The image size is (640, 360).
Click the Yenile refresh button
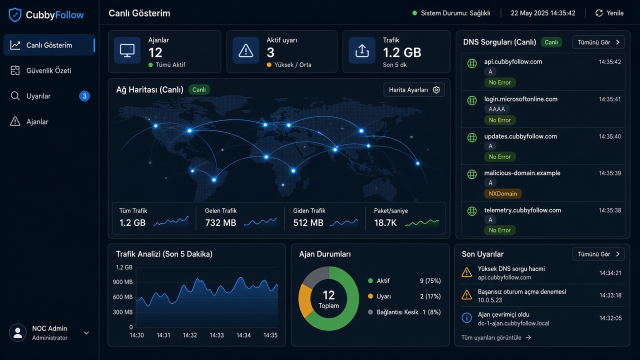[x=609, y=13]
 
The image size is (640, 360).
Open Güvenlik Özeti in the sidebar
[x=49, y=70]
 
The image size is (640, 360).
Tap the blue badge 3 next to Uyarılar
[x=84, y=96]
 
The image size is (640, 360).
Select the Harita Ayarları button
[x=414, y=89]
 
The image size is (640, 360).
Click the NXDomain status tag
[x=502, y=193]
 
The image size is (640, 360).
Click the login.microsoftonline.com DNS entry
[x=520, y=99]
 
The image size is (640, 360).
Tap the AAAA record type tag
[x=496, y=109]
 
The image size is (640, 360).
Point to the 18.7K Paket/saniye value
[x=385, y=223]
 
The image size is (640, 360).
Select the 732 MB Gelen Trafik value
[x=220, y=223]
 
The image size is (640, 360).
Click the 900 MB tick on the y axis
[x=122, y=282]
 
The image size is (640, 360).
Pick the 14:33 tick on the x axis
[x=216, y=335]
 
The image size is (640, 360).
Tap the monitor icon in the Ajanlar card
[x=127, y=50]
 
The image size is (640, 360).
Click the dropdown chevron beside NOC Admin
[x=86, y=333]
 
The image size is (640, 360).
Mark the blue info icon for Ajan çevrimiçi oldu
[x=466, y=317]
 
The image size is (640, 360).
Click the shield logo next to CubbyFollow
[x=15, y=15]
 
